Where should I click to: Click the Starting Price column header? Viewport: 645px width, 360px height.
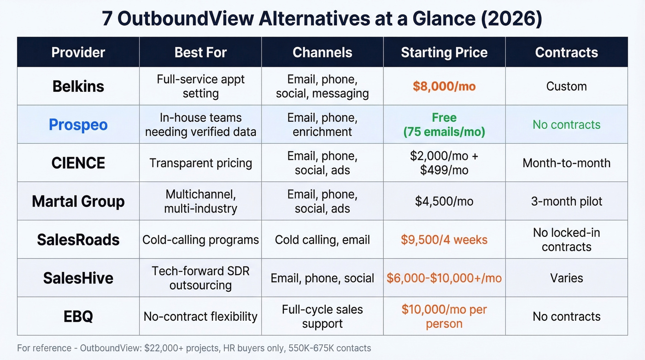pos(444,53)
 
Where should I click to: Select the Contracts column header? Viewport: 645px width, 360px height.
pos(566,53)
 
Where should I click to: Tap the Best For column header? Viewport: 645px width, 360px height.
pos(200,53)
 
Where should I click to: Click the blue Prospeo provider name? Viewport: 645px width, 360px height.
pos(78,124)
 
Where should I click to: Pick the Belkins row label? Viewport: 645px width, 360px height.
pos(78,86)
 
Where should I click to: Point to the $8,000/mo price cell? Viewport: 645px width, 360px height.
pos(444,86)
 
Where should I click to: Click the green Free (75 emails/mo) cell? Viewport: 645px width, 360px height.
pos(444,124)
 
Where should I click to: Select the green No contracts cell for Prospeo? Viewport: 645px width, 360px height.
pos(566,124)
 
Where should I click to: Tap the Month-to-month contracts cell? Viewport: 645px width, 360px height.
pos(566,163)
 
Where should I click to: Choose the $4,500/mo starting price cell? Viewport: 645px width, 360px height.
pos(444,201)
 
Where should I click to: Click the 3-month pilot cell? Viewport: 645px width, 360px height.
pos(566,201)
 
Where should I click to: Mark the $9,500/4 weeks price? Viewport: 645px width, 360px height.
pos(444,240)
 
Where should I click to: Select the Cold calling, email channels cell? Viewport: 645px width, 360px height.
pos(322,240)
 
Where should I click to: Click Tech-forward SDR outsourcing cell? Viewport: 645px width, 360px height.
pos(200,278)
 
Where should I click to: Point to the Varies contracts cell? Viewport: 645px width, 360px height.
pos(566,278)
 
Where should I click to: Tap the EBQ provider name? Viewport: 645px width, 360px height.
pos(78,316)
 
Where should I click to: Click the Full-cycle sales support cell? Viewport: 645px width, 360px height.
pos(322,316)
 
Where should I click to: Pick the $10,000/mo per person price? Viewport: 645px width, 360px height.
pos(444,316)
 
